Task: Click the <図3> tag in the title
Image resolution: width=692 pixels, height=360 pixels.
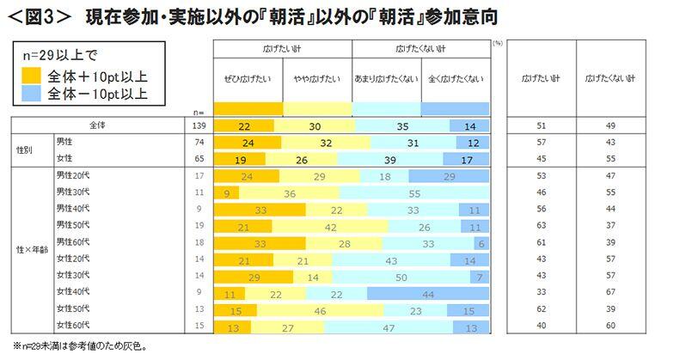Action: pyautogui.click(x=29, y=15)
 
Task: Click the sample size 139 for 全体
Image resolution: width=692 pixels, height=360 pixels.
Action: pyautogui.click(x=198, y=125)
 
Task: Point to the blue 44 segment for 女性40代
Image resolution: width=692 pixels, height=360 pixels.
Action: pyautogui.click(x=427, y=293)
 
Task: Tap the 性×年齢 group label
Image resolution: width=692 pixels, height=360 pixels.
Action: pyautogui.click(x=28, y=252)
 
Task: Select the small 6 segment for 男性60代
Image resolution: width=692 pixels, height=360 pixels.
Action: pyautogui.click(x=482, y=243)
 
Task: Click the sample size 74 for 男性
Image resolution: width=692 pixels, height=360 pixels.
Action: pyautogui.click(x=198, y=143)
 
